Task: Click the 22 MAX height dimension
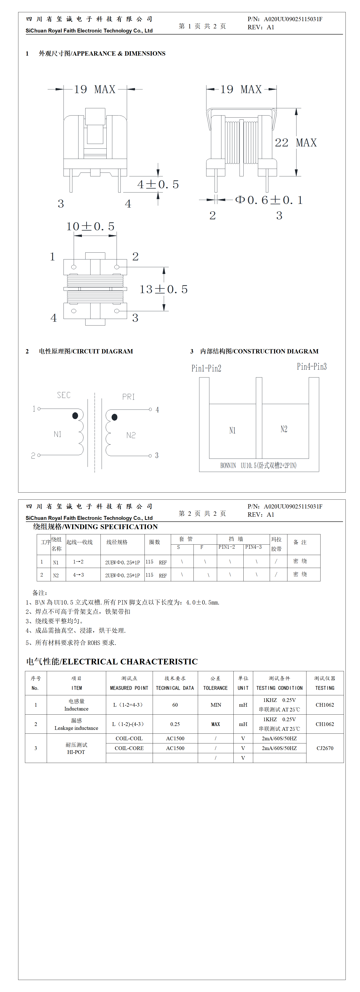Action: (295, 143)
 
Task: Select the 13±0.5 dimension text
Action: (163, 289)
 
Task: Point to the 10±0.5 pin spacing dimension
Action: (90, 227)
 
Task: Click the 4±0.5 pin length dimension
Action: (158, 185)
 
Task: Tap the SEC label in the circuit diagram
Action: (64, 395)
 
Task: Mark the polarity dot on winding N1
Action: (75, 415)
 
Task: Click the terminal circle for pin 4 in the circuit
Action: (150, 409)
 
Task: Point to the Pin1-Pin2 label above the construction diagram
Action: (206, 368)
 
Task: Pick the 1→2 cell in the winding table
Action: (78, 562)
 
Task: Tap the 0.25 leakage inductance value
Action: (175, 724)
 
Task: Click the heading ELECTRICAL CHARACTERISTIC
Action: (112, 661)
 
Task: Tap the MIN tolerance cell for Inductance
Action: (216, 705)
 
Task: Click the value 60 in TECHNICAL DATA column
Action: (175, 705)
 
